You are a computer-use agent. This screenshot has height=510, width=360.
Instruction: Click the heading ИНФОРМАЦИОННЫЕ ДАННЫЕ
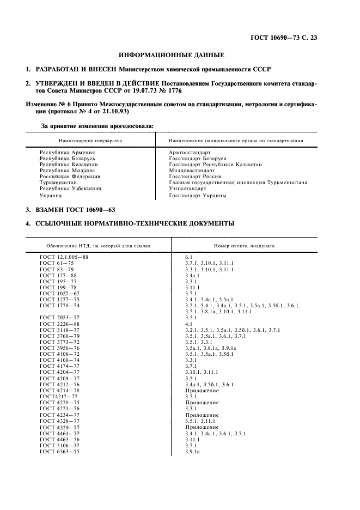[x=172, y=54]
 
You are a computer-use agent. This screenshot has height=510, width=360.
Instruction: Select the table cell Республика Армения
[x=68, y=153]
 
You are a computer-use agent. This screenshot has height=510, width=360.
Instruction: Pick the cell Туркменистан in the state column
[x=58, y=183]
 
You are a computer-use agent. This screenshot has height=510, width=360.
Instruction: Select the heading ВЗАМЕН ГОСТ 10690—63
[x=75, y=209]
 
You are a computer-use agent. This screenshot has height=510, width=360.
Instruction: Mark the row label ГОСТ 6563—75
[x=60, y=452]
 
